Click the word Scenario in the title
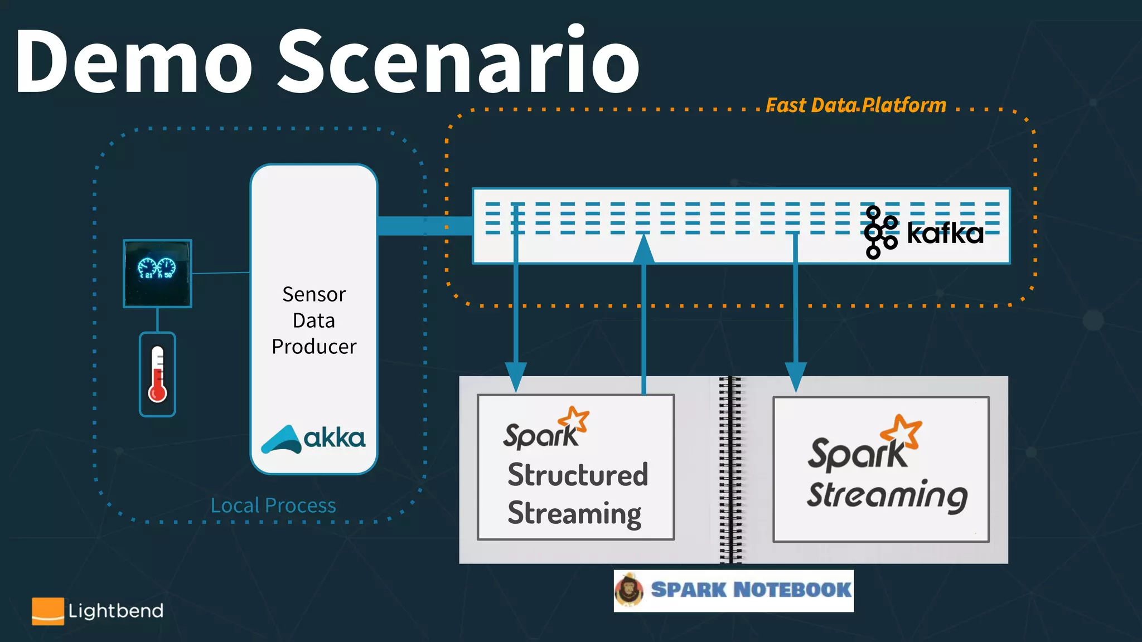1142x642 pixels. tap(458, 61)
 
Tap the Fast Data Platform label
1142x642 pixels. tap(855, 105)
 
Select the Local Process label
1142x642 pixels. tap(273, 505)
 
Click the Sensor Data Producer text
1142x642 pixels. tap(314, 320)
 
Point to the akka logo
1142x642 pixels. tap(313, 439)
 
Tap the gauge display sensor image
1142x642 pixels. tap(157, 273)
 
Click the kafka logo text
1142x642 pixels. tap(945, 233)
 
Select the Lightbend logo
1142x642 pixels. tap(98, 611)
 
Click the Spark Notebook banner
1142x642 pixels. tap(750, 590)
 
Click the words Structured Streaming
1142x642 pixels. tap(577, 494)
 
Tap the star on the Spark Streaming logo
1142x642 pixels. tap(902, 431)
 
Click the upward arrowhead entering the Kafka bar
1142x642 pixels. tap(643, 249)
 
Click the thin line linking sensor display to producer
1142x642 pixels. tap(221, 273)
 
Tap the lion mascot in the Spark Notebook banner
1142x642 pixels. tap(630, 590)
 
